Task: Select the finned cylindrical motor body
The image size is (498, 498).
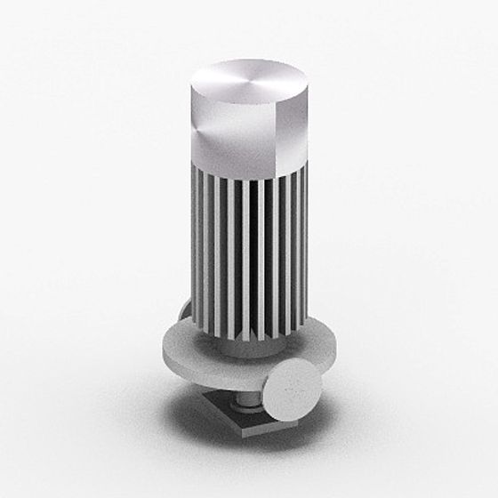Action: click(249, 249)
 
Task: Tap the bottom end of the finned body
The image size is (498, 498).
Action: click(249, 338)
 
